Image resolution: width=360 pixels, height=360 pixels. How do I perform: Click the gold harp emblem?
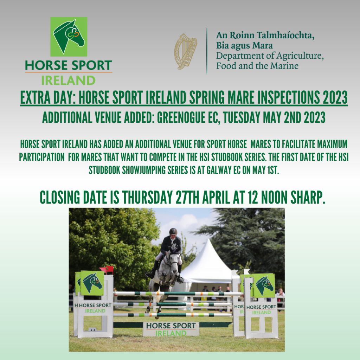[x=186, y=51]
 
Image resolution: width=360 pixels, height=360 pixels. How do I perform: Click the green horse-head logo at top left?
[x=69, y=37]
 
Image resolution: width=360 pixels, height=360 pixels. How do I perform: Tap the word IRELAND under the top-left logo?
[x=68, y=81]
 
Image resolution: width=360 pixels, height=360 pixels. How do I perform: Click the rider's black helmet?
[x=173, y=231]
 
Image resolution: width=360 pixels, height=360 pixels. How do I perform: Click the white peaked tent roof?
[x=208, y=257]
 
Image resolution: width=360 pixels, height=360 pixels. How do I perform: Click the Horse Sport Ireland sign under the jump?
[x=171, y=329]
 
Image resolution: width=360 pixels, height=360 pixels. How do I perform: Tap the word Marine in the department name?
[x=284, y=66]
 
